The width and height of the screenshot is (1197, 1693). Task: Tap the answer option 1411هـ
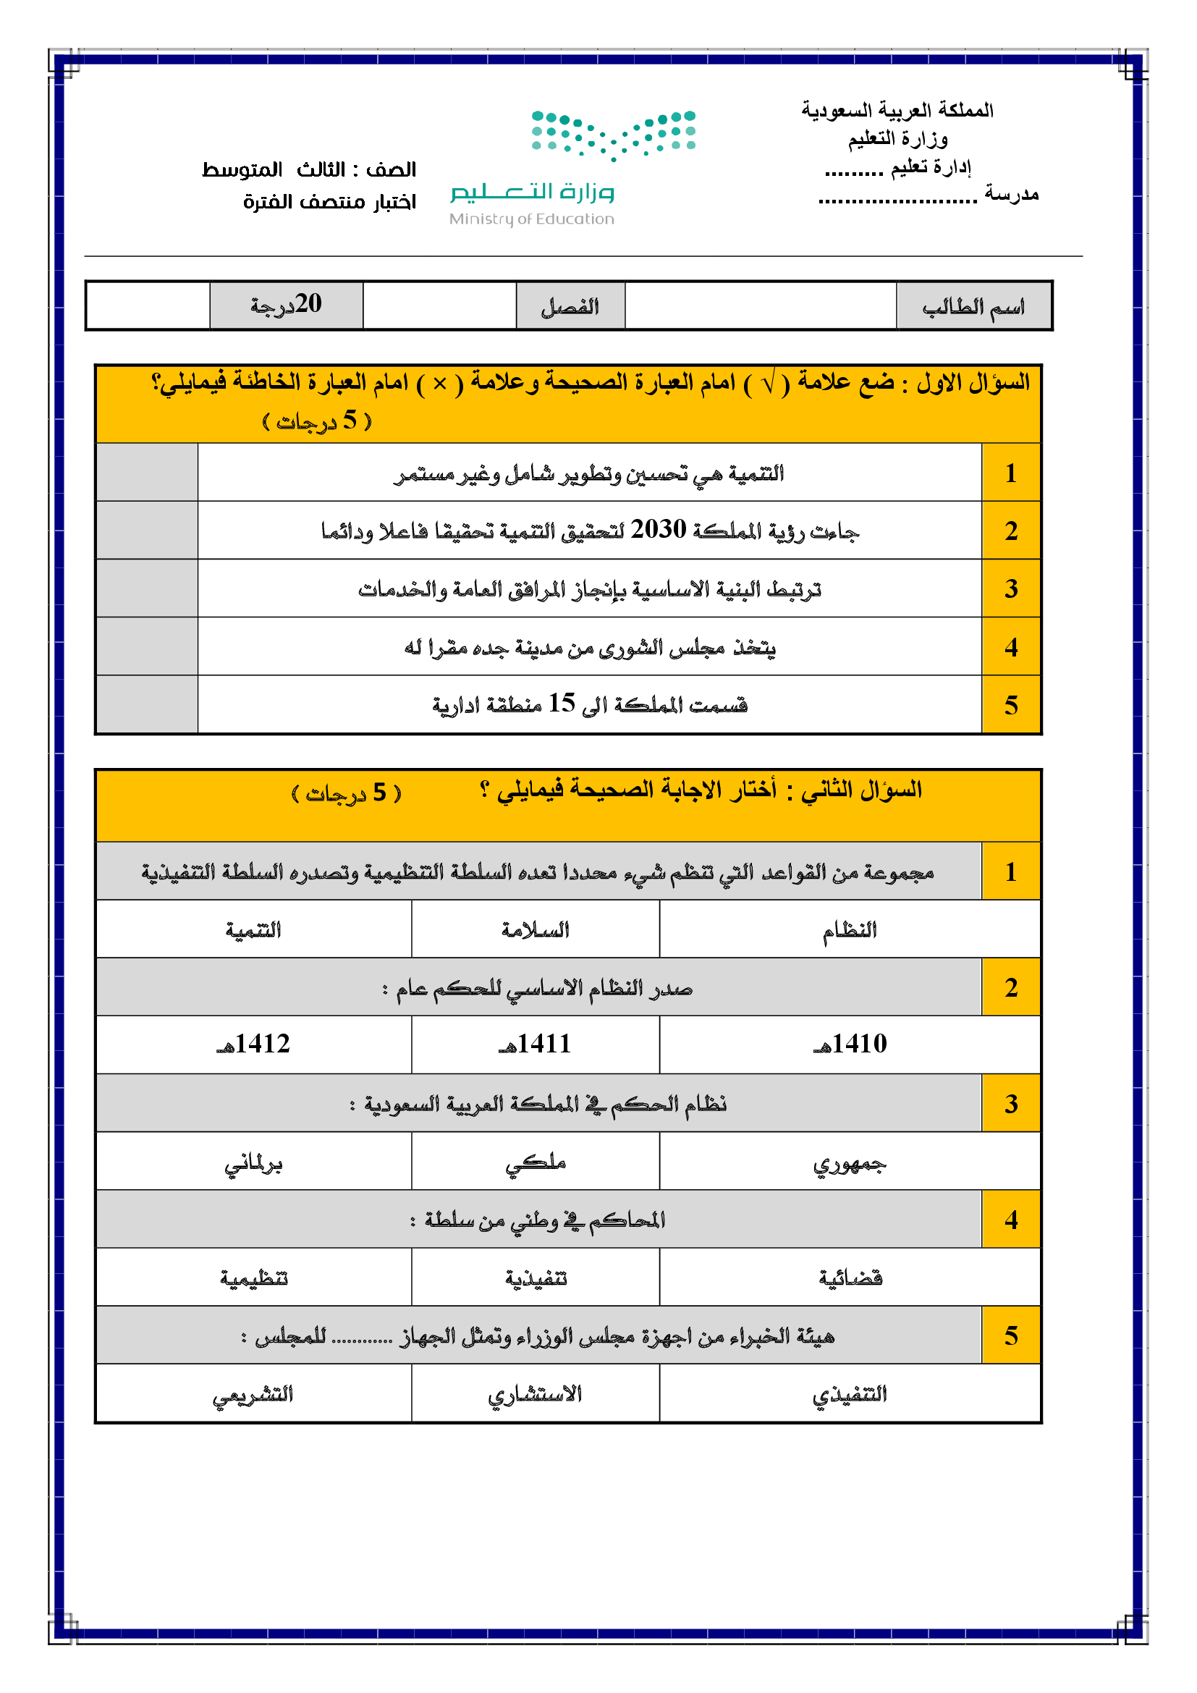tap(535, 1044)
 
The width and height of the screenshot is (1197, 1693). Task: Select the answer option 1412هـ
tap(253, 1044)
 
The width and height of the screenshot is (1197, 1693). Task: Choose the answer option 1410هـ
tap(850, 1044)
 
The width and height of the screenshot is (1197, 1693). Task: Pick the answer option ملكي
tap(535, 1163)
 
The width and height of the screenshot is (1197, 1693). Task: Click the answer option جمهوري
tap(850, 1163)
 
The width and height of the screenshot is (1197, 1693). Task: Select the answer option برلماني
tap(253, 1163)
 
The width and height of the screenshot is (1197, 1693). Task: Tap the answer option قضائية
tap(850, 1277)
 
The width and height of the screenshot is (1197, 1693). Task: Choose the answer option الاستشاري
tap(535, 1393)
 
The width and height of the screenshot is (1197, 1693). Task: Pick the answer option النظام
tap(850, 930)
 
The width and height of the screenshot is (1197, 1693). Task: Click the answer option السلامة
tap(535, 930)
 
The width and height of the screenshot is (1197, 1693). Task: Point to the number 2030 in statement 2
tap(658, 529)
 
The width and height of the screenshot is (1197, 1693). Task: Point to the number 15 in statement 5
tap(562, 704)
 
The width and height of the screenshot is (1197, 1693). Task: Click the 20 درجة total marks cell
tap(286, 305)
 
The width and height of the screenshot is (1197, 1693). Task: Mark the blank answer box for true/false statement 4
tap(147, 646)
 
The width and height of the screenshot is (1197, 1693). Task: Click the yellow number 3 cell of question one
tap(1010, 588)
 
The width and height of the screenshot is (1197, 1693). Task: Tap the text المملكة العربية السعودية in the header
tap(897, 111)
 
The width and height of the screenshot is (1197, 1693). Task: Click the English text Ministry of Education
tap(531, 219)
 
